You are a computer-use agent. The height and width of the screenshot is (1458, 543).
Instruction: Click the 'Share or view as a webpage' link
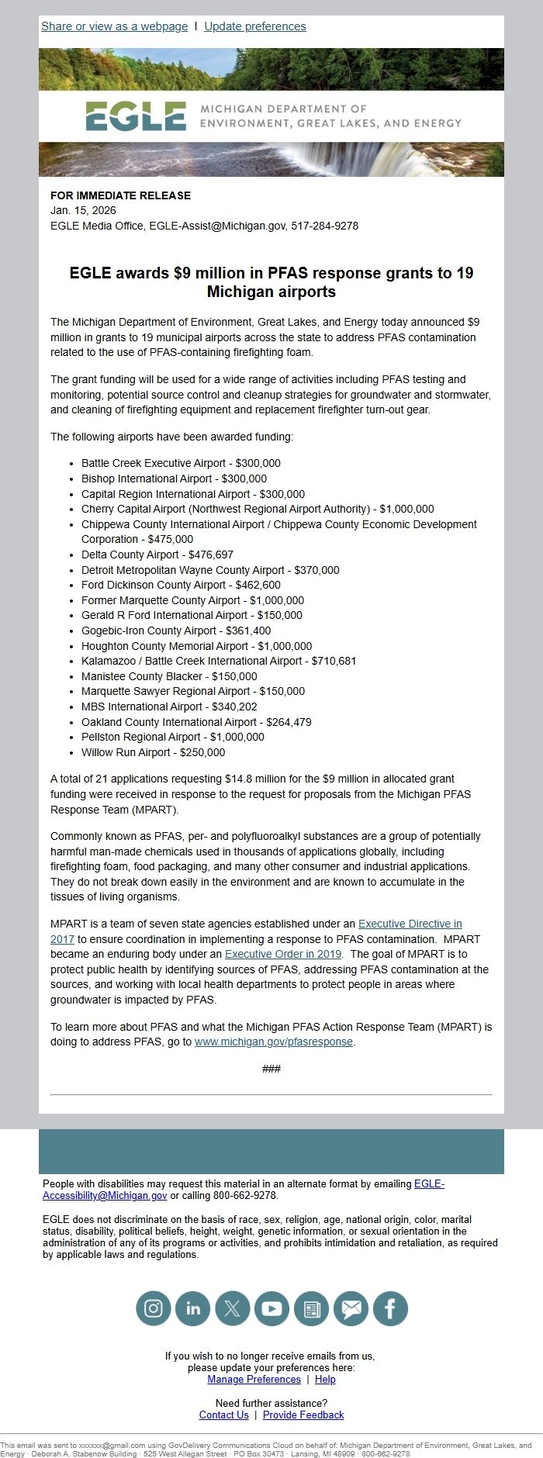tap(114, 26)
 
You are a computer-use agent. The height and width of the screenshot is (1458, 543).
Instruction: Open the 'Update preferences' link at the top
tap(254, 26)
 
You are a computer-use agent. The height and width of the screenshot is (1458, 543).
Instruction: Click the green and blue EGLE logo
tap(136, 116)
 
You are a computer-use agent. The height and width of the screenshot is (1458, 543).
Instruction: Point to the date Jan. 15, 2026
tap(83, 210)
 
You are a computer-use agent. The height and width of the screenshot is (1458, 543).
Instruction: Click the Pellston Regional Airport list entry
tap(140, 737)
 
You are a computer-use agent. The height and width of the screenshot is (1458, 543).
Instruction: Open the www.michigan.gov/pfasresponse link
tap(273, 1042)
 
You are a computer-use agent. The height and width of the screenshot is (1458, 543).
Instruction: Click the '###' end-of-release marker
tap(271, 1069)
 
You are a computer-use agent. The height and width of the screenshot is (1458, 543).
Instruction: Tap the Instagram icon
tap(154, 1309)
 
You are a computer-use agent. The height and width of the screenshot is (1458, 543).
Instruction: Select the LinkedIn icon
tap(193, 1309)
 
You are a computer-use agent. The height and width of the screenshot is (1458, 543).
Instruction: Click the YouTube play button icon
tap(272, 1309)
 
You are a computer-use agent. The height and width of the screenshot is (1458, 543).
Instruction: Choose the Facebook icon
tap(390, 1309)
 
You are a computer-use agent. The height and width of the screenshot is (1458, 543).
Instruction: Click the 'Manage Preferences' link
tap(254, 1380)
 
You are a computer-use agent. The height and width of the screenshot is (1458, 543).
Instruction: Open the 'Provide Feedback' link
tap(303, 1415)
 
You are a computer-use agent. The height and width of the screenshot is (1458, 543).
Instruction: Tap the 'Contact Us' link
tap(223, 1415)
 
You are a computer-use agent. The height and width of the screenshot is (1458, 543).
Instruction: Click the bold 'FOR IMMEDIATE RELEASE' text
tap(120, 195)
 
